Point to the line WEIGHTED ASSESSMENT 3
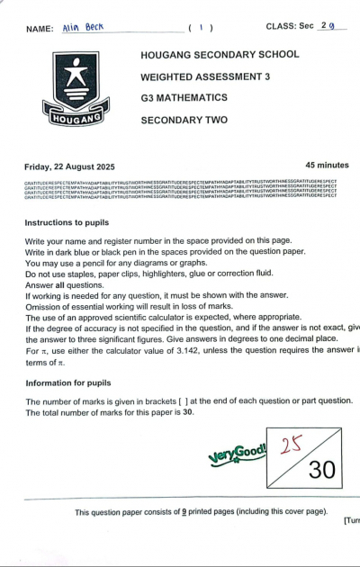204,76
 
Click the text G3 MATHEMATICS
184,97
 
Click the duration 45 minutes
327,166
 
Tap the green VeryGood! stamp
237,452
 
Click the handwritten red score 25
291,446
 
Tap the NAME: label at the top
40,28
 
